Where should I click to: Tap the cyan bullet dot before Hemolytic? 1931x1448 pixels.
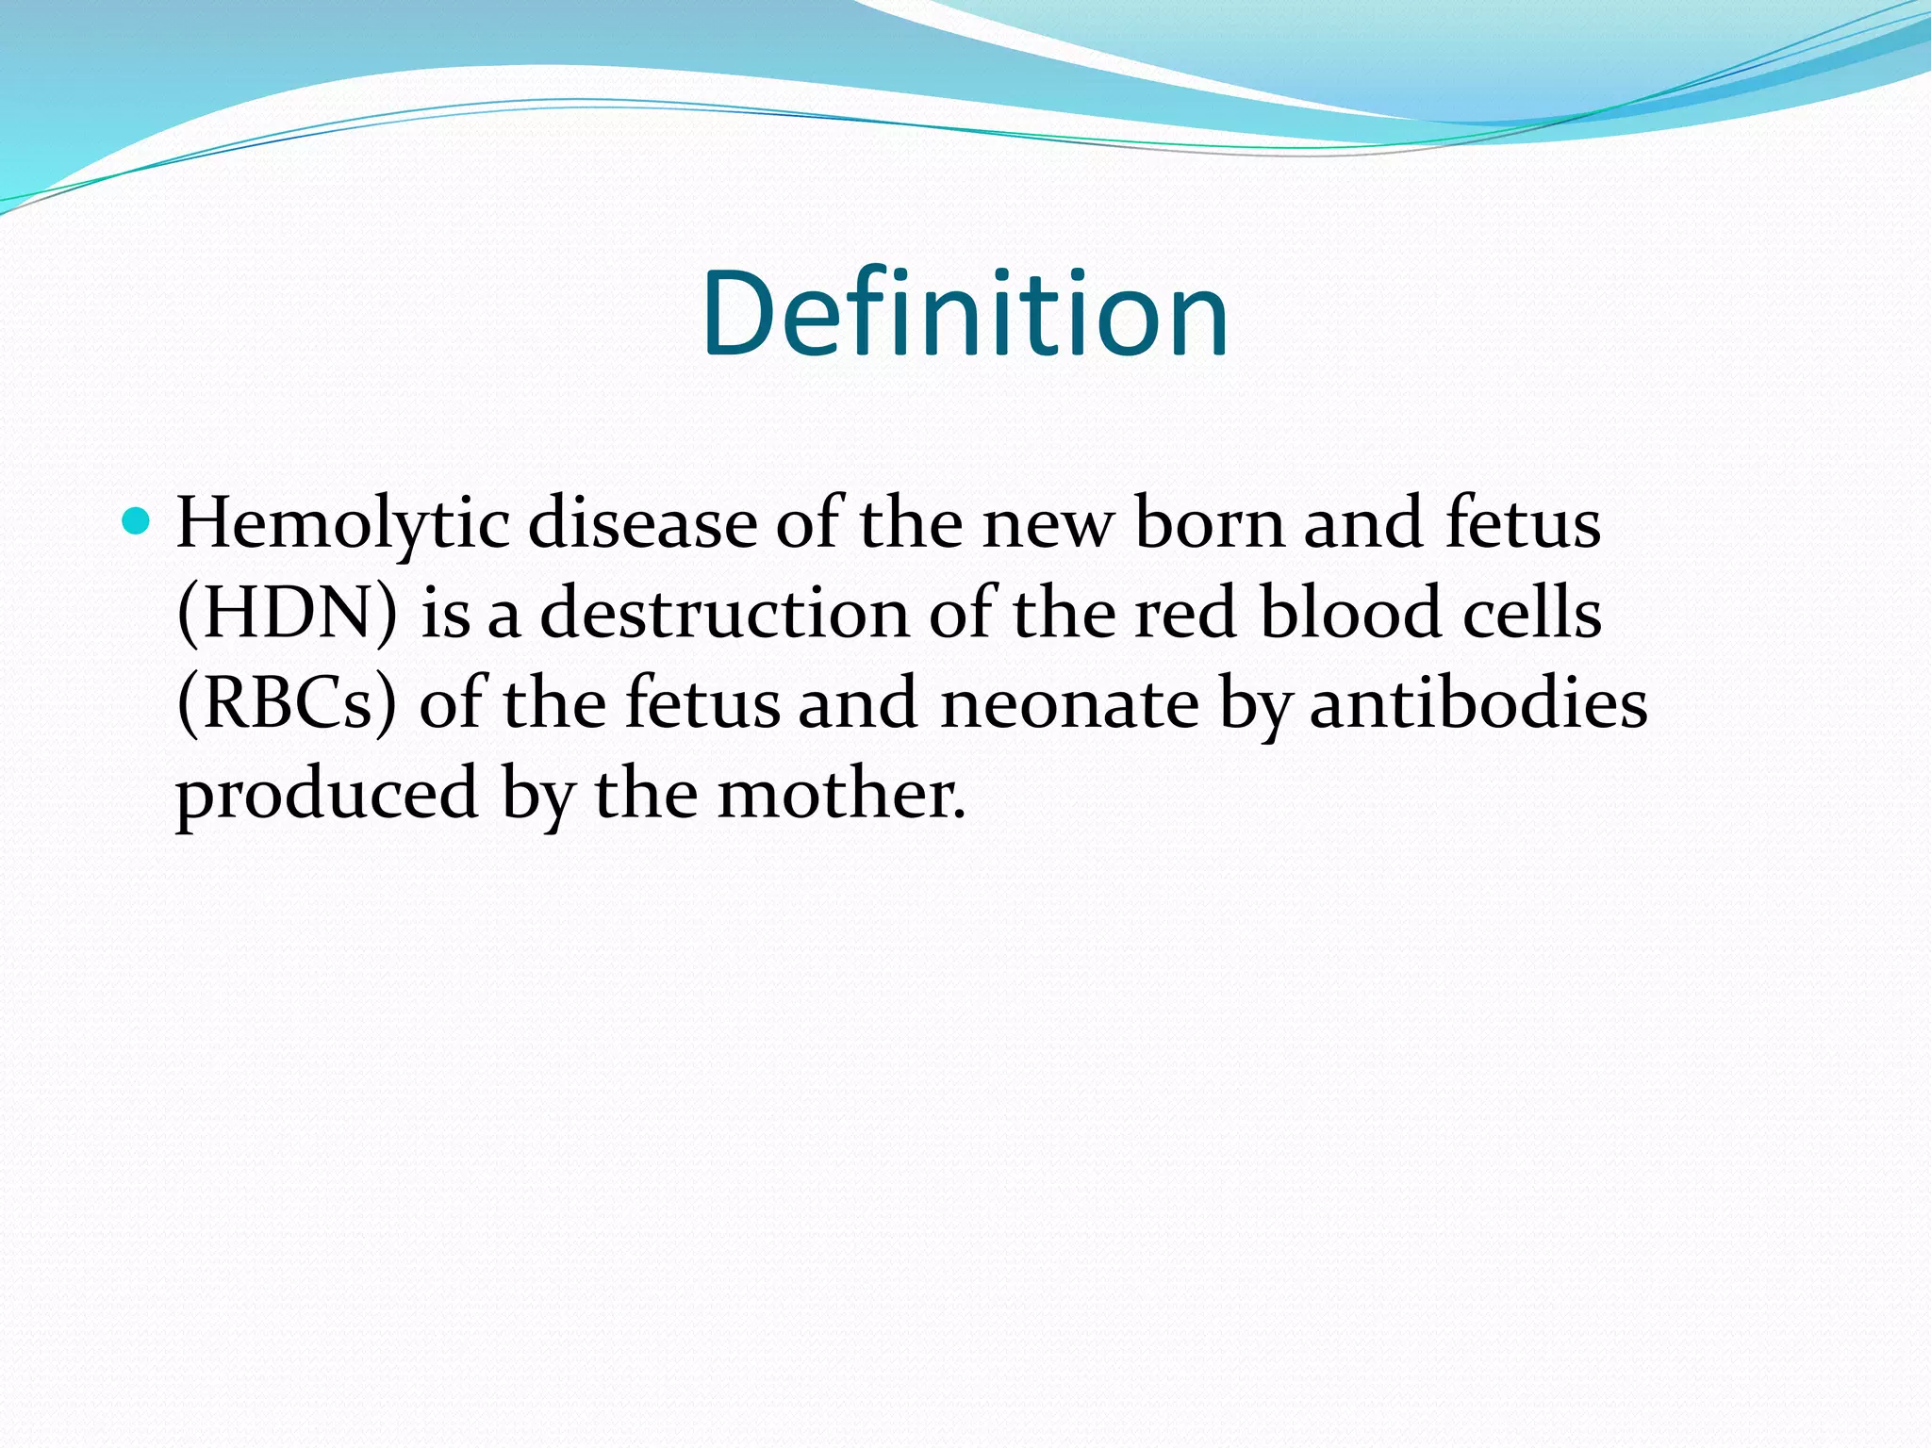(x=137, y=520)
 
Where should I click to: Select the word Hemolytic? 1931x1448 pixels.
(x=342, y=524)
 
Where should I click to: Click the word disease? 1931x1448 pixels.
(x=642, y=522)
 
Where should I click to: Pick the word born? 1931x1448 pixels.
(x=1210, y=522)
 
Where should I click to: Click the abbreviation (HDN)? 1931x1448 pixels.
(x=287, y=614)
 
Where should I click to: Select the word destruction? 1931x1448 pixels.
(x=724, y=614)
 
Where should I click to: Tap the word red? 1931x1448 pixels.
(x=1184, y=614)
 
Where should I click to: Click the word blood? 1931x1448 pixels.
(x=1350, y=614)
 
